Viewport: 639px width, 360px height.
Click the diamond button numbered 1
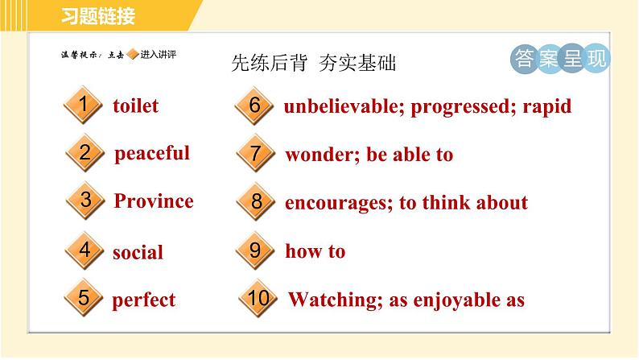pyautogui.click(x=83, y=105)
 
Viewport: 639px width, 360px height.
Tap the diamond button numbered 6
pyautogui.click(x=254, y=106)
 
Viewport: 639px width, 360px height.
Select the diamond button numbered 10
pyautogui.click(x=258, y=299)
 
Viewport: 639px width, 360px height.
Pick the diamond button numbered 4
pyautogui.click(x=85, y=250)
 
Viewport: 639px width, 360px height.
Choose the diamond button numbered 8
pyautogui.click(x=256, y=201)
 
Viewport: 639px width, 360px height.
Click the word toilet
pyautogui.click(x=136, y=106)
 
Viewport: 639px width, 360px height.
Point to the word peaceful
pyautogui.click(x=152, y=154)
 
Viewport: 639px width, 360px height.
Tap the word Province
pyautogui.click(x=154, y=201)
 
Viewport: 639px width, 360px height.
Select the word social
pyautogui.click(x=138, y=252)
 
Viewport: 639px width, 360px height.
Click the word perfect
pyautogui.click(x=143, y=301)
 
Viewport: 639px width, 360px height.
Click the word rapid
pyautogui.click(x=547, y=107)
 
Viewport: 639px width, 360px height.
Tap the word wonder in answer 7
pyautogui.click(x=319, y=155)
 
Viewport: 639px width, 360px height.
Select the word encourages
pyautogui.click(x=337, y=204)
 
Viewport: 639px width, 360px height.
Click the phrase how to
pyautogui.click(x=315, y=251)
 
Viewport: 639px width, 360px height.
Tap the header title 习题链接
pyautogui.click(x=98, y=16)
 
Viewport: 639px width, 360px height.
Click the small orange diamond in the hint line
pyautogui.click(x=133, y=54)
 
